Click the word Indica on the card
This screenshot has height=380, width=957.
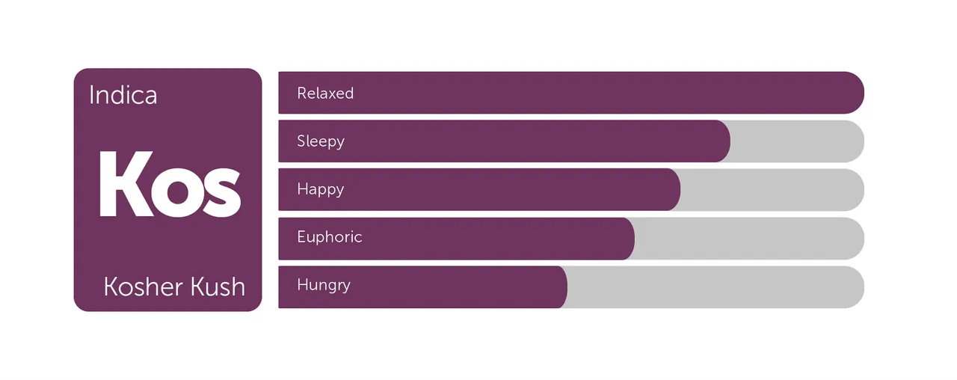(123, 95)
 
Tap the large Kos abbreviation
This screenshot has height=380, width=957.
(170, 184)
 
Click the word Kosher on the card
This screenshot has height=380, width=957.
(144, 286)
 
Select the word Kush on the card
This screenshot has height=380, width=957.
(218, 286)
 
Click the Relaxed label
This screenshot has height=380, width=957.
(325, 94)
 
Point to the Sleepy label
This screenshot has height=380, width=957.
(321, 141)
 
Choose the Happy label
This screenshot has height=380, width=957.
(321, 189)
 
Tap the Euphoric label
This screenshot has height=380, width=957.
(330, 237)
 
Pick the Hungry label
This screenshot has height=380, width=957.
(324, 285)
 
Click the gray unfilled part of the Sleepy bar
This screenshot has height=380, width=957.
(797, 141)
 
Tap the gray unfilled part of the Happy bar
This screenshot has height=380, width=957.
(772, 189)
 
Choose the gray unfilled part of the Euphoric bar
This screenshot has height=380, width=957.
(749, 239)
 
